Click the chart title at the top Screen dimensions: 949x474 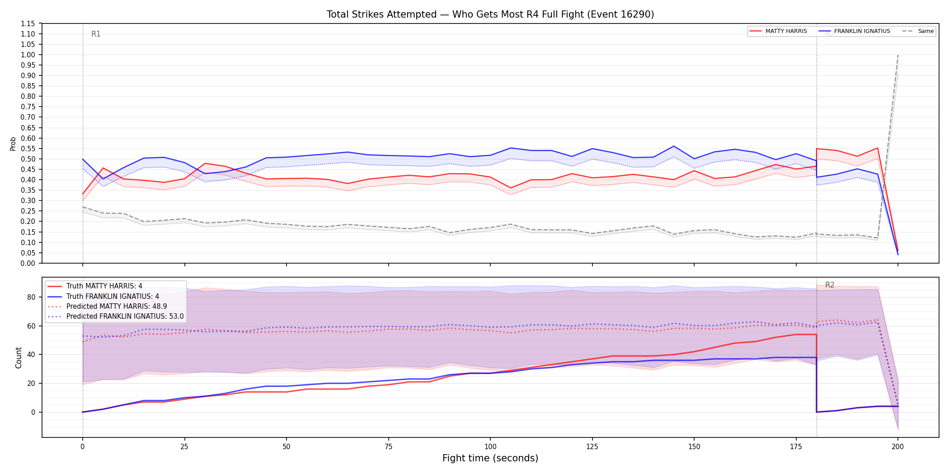[490, 14]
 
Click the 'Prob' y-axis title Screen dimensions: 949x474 [13, 144]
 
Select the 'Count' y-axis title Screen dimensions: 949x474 [19, 358]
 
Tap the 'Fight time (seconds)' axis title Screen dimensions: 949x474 [490, 458]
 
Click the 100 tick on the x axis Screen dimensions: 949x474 [490, 447]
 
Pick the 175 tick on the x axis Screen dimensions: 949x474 [796, 447]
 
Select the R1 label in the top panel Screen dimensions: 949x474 [96, 34]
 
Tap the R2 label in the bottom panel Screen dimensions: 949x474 [830, 285]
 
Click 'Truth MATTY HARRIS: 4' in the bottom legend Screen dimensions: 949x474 [104, 286]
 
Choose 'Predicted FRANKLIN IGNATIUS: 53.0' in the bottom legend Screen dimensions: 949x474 [125, 316]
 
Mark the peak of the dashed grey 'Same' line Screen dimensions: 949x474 [897, 55]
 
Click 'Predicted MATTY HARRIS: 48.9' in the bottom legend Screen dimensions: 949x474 [117, 306]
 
